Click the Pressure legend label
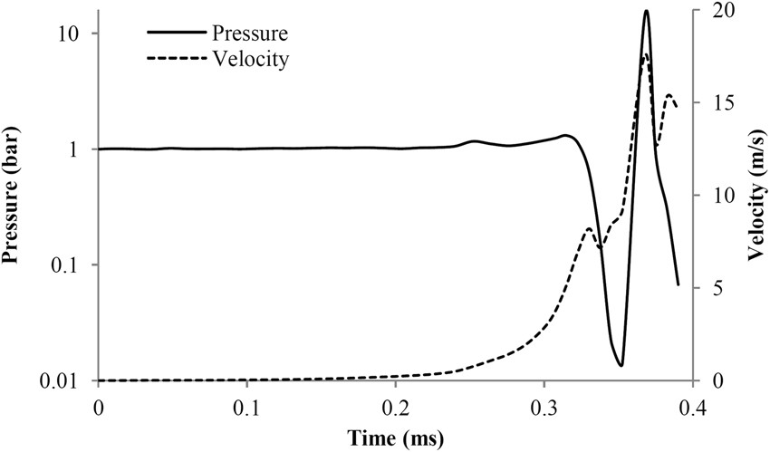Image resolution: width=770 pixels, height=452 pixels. point(249,34)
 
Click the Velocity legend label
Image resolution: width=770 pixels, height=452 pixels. point(249,60)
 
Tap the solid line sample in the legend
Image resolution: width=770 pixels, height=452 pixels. point(176,34)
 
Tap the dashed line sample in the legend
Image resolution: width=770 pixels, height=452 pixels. point(176,60)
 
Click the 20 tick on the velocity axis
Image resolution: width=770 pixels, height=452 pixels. point(711,11)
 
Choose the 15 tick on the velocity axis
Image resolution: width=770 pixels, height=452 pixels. point(711,103)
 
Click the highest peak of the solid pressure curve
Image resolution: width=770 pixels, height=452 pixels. point(646,11)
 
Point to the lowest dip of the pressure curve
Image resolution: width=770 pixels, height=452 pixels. point(621,365)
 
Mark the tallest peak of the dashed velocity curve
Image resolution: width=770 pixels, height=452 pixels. point(645,55)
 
